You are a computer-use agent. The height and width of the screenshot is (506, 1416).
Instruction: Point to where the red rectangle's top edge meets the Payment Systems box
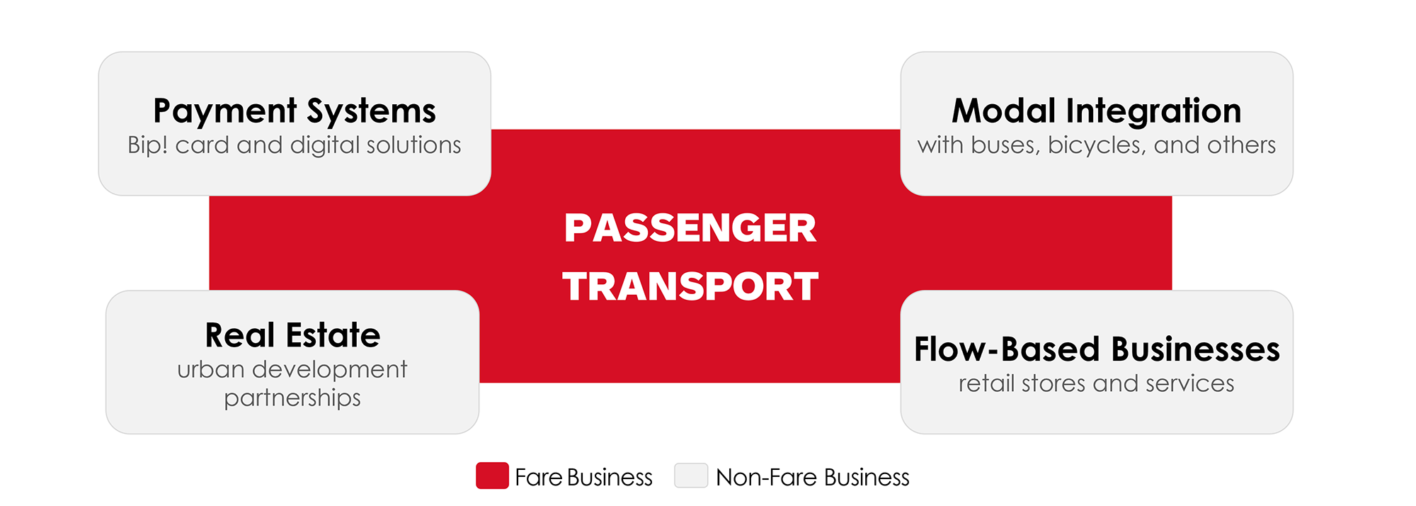tap(491, 130)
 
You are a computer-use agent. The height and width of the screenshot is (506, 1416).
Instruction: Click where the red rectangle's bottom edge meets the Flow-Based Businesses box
tap(901, 383)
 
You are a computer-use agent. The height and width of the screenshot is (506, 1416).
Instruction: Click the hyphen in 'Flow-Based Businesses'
tap(991, 350)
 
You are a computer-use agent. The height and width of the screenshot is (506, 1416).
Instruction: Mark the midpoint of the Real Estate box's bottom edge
tap(292, 434)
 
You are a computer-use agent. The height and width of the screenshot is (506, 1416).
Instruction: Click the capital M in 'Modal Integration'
tap(968, 111)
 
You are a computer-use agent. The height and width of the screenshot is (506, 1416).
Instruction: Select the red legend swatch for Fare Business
tap(492, 476)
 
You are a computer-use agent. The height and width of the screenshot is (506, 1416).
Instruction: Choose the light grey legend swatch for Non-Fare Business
tap(691, 476)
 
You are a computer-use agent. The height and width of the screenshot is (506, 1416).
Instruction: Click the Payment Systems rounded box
tap(295, 123)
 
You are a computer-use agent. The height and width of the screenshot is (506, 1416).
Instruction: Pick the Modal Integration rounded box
tap(1097, 123)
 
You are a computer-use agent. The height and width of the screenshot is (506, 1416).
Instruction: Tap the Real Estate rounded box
tap(292, 362)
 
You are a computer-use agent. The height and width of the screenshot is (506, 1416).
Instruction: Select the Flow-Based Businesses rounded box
tap(1097, 362)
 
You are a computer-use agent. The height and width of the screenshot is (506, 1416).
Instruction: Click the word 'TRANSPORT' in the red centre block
tap(690, 286)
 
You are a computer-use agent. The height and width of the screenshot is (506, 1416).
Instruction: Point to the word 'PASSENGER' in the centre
tap(690, 228)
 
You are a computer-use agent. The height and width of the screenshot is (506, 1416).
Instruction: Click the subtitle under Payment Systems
tap(295, 145)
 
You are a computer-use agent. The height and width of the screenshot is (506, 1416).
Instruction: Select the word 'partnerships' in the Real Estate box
tap(292, 398)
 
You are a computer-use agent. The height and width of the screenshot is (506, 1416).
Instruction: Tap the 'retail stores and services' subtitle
tap(1097, 383)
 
